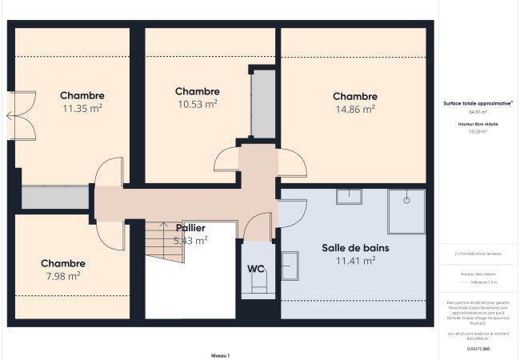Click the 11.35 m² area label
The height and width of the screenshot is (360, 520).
point(82,107)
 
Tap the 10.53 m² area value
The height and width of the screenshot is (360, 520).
point(197,103)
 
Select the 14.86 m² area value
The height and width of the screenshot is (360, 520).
point(355,109)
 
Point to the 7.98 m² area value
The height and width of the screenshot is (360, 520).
point(62,276)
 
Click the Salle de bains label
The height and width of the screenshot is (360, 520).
point(355,248)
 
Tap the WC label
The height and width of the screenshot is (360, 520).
point(256,268)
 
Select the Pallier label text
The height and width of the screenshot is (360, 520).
point(190,228)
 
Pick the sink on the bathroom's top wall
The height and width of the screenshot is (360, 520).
point(349,197)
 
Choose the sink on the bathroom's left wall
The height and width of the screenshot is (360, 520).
point(289,265)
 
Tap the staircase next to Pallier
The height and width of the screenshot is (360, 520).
point(164,242)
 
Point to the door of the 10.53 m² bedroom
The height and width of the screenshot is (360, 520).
point(226,160)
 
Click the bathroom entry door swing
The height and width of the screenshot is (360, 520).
point(293,214)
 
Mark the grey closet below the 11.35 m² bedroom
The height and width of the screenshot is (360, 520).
point(54,198)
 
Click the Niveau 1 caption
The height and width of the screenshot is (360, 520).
point(220,354)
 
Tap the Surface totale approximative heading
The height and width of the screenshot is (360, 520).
point(478,103)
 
